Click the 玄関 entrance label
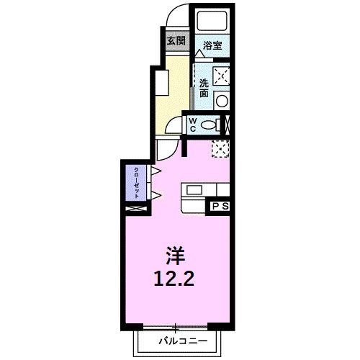click(x=176, y=41)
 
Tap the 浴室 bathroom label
click(x=211, y=45)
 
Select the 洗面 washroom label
click(x=204, y=87)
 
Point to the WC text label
click(x=193, y=125)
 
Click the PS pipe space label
click(x=220, y=207)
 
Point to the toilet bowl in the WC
click(x=210, y=125)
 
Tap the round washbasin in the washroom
click(x=222, y=100)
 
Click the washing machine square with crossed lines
click(x=222, y=75)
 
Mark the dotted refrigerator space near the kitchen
click(x=221, y=149)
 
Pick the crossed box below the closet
click(x=135, y=209)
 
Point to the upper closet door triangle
click(x=155, y=171)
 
